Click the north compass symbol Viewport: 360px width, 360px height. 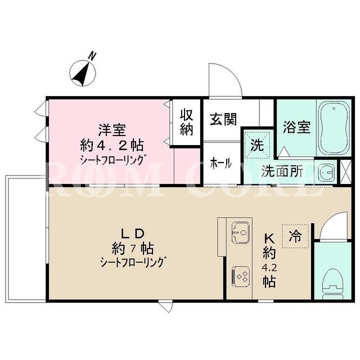click(x=83, y=73)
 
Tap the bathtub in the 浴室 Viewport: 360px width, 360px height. click(x=334, y=128)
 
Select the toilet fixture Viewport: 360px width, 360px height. click(x=332, y=283)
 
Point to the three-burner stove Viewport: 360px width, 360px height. click(x=240, y=276)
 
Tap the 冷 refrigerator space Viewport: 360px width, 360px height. click(x=295, y=236)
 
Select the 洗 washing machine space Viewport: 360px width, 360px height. click(x=257, y=145)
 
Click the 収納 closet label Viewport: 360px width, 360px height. click(x=186, y=122)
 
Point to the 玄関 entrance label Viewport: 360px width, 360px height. click(x=223, y=119)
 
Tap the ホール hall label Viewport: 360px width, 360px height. click(x=221, y=164)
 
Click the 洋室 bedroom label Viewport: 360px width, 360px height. click(x=112, y=130)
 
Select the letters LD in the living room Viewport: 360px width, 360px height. click(x=133, y=233)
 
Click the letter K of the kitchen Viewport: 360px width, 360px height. click(x=269, y=239)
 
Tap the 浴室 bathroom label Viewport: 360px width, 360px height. click(x=296, y=127)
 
